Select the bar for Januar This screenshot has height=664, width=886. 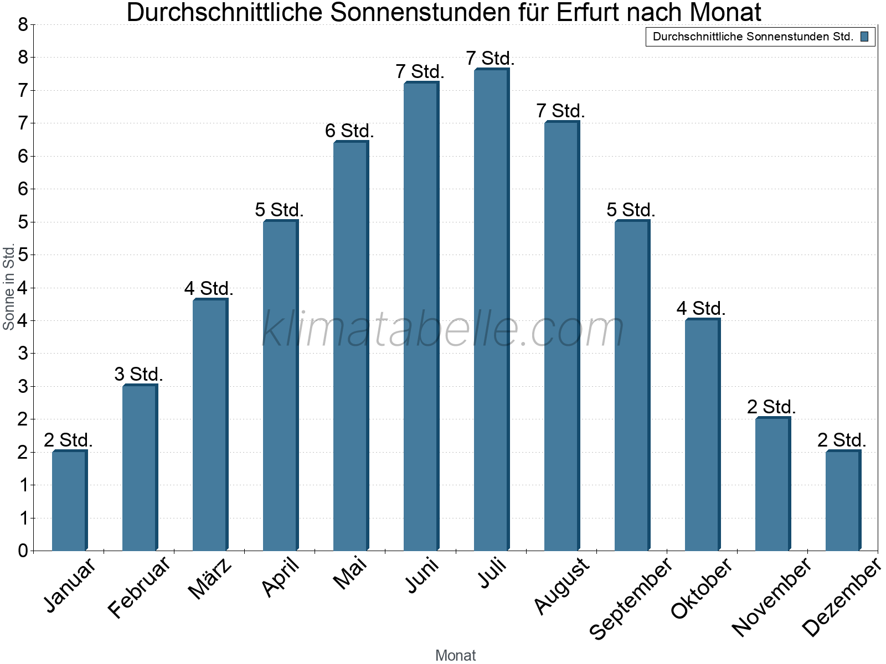(69, 501)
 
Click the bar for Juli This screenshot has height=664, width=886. (491, 310)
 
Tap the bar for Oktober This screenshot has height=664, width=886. (702, 435)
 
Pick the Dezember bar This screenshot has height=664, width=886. (843, 501)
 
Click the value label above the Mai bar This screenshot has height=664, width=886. (349, 131)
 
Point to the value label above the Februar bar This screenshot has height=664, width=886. (138, 375)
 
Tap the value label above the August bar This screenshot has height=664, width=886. (560, 111)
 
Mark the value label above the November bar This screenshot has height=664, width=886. (771, 407)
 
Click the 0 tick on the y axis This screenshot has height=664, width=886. (23, 551)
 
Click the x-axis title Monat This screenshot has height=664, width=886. (455, 655)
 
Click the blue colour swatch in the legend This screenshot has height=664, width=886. (864, 37)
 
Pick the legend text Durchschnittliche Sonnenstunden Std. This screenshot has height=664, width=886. (753, 37)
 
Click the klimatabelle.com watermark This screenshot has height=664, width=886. (443, 329)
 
